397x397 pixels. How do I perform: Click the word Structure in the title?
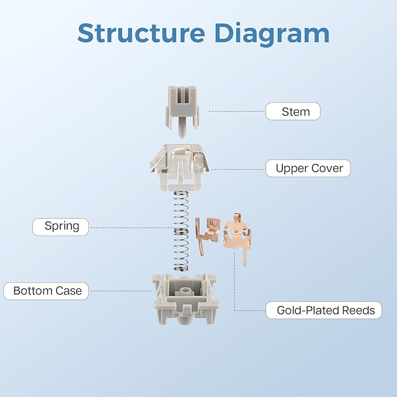(141, 33)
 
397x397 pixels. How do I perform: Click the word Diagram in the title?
(272, 34)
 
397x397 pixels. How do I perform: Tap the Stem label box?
(293, 112)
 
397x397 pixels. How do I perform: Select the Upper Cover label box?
(308, 168)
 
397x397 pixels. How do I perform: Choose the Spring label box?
(60, 227)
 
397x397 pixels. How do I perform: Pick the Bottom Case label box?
(46, 291)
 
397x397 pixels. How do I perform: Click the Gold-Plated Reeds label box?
(324, 310)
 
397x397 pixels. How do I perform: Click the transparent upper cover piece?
(179, 168)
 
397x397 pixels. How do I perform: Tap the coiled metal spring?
(181, 231)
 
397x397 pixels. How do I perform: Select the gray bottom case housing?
(186, 299)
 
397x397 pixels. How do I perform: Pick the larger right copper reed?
(237, 237)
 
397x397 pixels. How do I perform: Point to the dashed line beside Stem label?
(237, 112)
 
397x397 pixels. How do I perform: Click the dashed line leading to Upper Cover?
(237, 170)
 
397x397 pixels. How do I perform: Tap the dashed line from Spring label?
(132, 227)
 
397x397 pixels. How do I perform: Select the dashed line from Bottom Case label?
(121, 291)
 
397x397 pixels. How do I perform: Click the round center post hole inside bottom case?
(185, 290)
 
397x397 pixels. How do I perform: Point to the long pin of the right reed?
(244, 257)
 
